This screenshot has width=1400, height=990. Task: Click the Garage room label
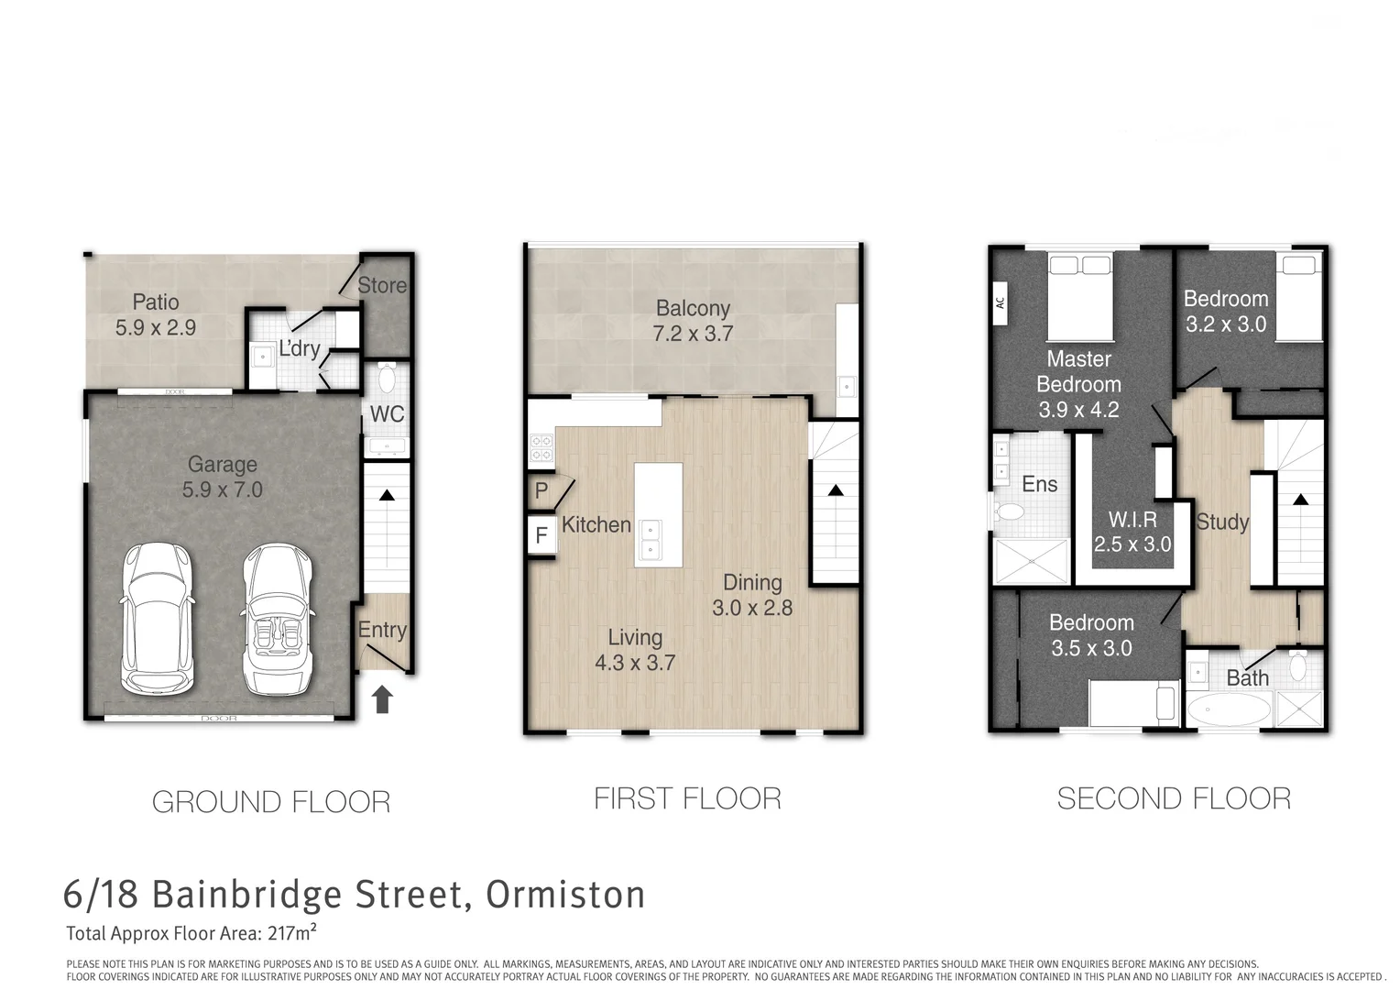(x=222, y=465)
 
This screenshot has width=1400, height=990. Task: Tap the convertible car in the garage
(x=277, y=619)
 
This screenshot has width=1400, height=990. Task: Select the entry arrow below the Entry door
(x=382, y=699)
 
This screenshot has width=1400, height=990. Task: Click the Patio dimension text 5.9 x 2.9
(x=156, y=328)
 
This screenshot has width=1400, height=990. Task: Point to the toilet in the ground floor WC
(x=386, y=378)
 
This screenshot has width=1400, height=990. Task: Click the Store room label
(x=381, y=285)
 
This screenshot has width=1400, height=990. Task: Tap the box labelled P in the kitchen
(x=541, y=490)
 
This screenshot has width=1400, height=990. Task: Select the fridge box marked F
(x=541, y=534)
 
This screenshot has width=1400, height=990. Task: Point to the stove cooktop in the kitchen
(x=541, y=447)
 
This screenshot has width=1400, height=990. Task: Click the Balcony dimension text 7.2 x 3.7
(x=693, y=334)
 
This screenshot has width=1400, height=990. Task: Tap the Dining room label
(x=752, y=582)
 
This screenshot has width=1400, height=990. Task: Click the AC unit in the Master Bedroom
(x=1001, y=302)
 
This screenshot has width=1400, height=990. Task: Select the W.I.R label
(x=1132, y=520)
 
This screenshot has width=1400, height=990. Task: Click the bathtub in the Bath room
(x=1229, y=710)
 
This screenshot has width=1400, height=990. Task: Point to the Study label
(x=1222, y=522)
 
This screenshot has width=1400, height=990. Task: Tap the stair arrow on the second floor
(x=1299, y=500)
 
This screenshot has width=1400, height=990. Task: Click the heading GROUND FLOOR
(x=271, y=802)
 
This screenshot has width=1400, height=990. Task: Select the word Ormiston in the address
(x=565, y=895)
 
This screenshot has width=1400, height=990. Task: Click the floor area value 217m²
(x=292, y=934)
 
